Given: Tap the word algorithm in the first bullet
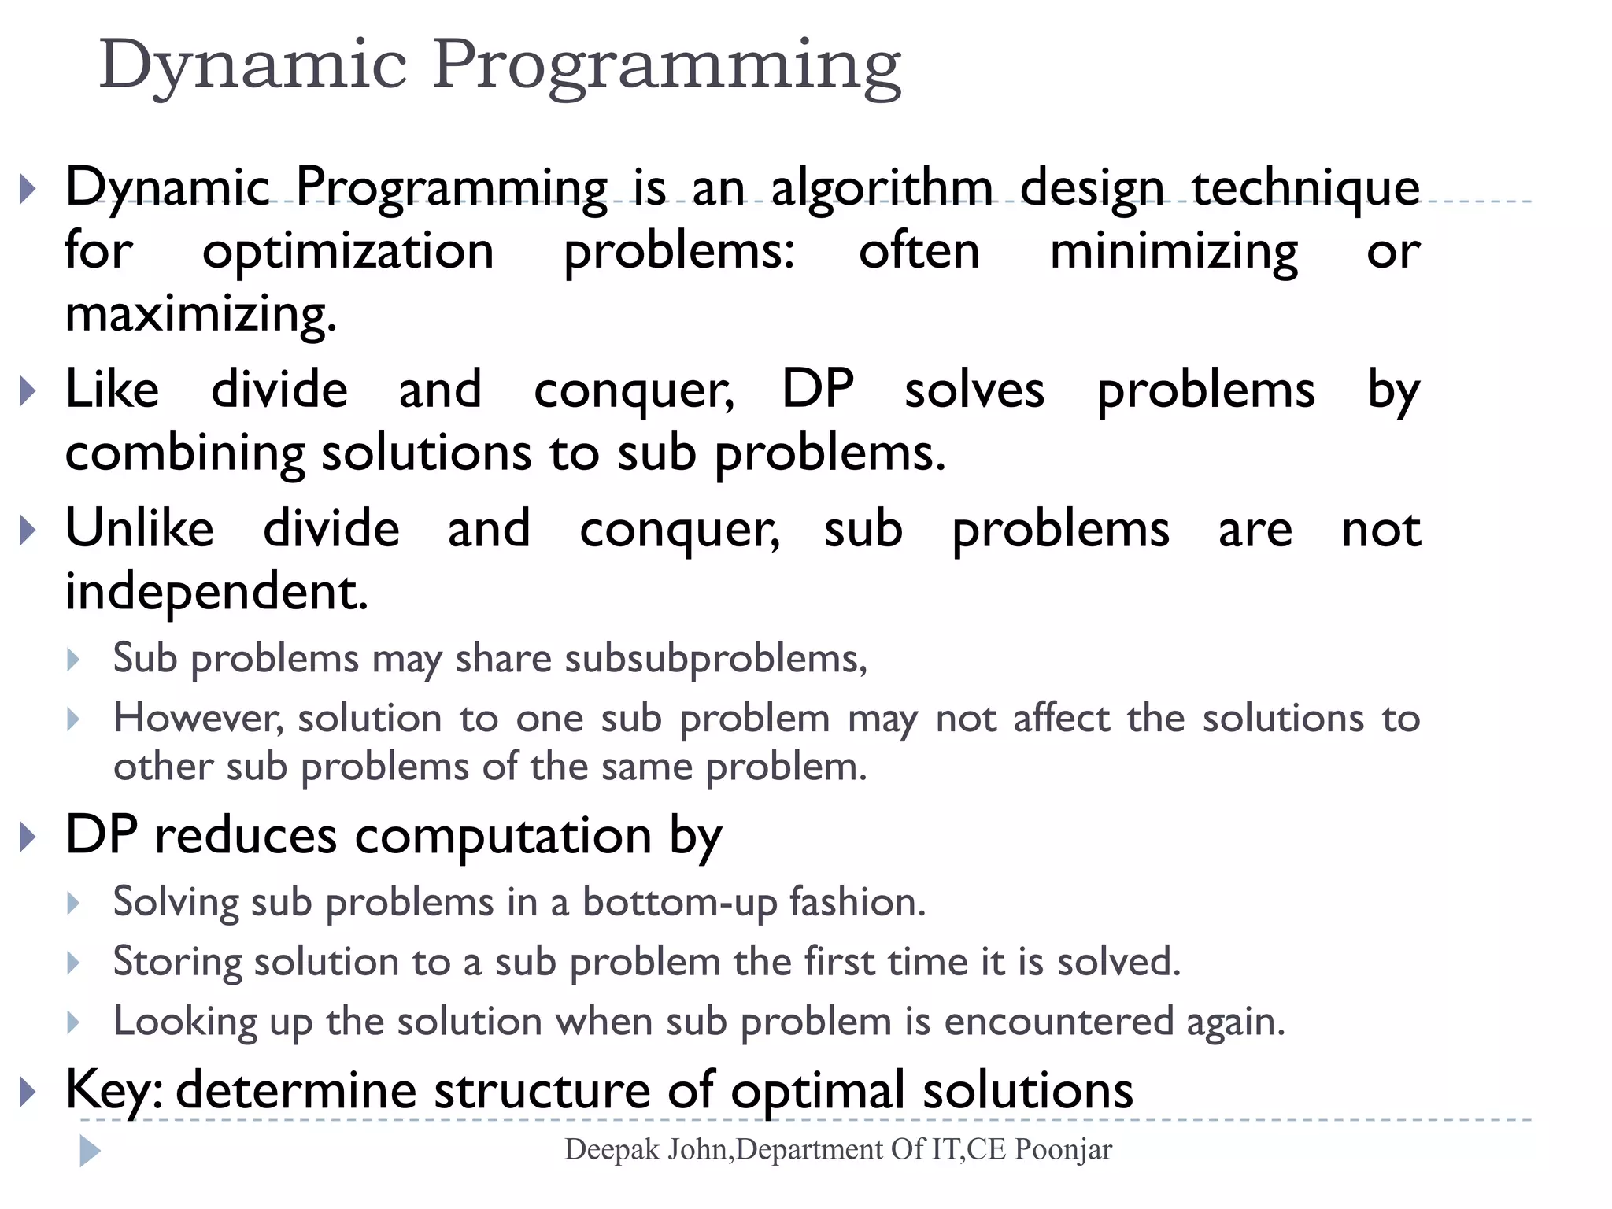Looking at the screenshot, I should point(882,188).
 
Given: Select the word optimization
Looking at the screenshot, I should point(348,251).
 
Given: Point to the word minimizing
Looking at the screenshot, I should point(1174,251).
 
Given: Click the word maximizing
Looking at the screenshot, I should point(201,314).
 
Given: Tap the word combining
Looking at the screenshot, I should point(184,454).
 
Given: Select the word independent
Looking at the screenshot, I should point(216,592).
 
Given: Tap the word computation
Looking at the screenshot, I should point(503,836).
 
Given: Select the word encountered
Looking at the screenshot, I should point(1059,1022).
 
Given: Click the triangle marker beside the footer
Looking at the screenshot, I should point(90,1152).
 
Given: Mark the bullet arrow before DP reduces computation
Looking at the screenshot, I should point(28,837).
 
